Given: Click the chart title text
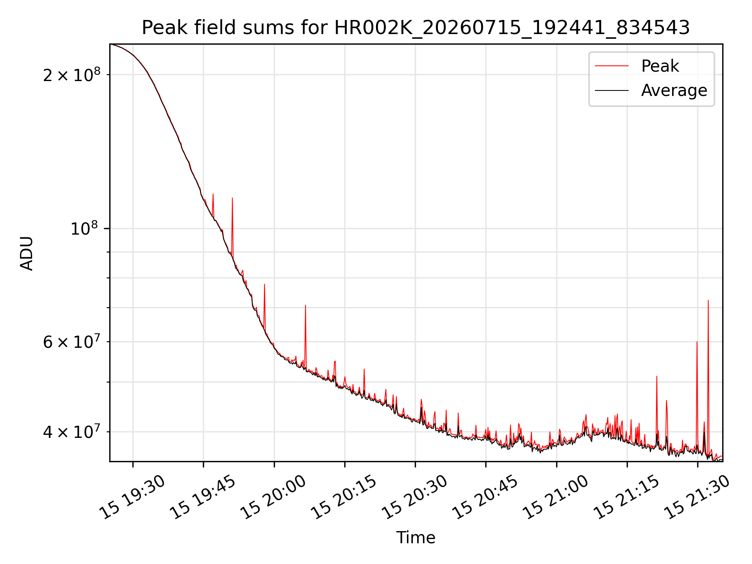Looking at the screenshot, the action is coord(416,28).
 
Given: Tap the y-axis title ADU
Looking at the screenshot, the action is coord(27,253).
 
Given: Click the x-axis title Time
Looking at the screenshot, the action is coord(416,537).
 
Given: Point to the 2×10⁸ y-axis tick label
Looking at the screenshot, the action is coord(72,74).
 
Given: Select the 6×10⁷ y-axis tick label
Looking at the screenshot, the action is coord(72,342).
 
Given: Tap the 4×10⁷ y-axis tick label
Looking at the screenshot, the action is coord(72,432).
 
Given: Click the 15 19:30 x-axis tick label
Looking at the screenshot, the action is coord(132,497).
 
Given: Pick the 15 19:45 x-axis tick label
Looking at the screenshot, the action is coord(203,497).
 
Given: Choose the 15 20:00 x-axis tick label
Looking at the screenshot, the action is coord(273,497).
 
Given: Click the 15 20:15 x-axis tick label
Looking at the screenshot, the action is coord(344,497).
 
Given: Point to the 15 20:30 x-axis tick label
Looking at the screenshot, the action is coord(415,497).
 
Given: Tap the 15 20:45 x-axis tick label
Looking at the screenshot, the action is coord(485,497).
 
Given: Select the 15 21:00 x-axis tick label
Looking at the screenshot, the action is coord(556,497).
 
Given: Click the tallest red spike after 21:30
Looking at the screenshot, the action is coord(708,301).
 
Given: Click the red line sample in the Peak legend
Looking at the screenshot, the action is coord(612,66).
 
